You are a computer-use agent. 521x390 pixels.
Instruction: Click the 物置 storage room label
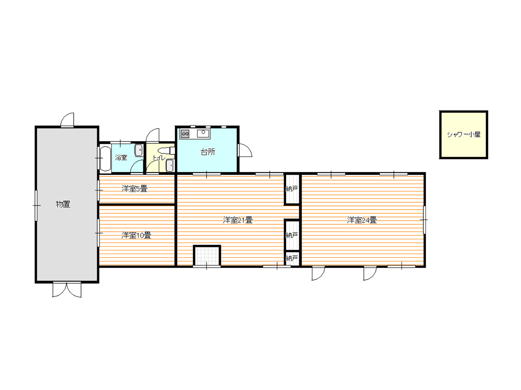(63, 204)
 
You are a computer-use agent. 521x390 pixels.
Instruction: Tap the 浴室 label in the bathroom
(121, 157)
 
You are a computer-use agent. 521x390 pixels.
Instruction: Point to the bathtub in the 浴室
(105, 158)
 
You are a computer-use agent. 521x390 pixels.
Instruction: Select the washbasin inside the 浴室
(139, 150)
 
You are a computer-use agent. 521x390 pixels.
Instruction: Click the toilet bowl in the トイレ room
(166, 151)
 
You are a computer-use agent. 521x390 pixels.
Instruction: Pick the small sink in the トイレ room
(170, 165)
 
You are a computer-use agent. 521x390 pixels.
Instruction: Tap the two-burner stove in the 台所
(185, 134)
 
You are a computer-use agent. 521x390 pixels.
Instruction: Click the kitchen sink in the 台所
(203, 134)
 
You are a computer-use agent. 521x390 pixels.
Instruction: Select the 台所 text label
(208, 152)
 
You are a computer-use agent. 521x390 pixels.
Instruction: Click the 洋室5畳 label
(134, 189)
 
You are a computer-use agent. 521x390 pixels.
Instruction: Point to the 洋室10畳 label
(136, 235)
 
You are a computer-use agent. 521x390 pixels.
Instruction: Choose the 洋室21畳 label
(238, 220)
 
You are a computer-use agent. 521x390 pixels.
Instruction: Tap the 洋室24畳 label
(362, 220)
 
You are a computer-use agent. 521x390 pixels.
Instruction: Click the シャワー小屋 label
(464, 134)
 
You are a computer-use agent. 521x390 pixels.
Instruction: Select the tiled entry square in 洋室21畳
(207, 256)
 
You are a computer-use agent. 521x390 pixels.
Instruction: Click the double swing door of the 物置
(67, 289)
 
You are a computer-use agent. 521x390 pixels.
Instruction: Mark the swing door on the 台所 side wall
(245, 150)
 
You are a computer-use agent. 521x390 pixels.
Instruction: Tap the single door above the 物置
(68, 120)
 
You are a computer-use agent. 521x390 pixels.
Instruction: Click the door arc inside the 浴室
(137, 167)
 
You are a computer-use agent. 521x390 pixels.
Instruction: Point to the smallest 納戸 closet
(292, 258)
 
